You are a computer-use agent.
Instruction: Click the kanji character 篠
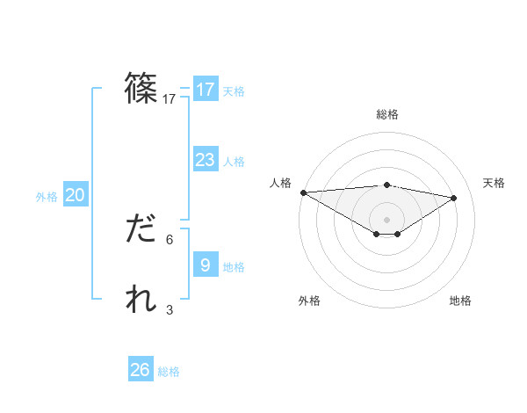[x=141, y=89]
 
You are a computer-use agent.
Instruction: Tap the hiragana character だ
[x=141, y=230]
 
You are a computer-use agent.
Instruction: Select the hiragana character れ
[x=141, y=300]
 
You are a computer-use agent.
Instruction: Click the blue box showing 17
[x=205, y=90]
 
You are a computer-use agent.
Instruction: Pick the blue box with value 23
[x=205, y=160]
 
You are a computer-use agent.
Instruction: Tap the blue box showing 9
[x=205, y=264]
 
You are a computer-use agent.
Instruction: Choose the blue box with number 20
[x=75, y=195]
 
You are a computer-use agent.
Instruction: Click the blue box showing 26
[x=140, y=370]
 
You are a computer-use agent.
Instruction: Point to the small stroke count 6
[x=170, y=239]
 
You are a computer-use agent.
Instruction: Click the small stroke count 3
[x=170, y=309]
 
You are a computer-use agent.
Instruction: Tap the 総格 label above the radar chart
[x=386, y=114]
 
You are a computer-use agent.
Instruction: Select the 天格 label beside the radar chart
[x=494, y=183]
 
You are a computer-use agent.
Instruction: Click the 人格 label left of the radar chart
[x=280, y=183]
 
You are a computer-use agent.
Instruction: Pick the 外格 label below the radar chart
[x=309, y=301]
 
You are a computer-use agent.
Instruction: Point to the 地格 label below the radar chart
[x=460, y=301]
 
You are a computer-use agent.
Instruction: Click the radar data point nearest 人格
[x=303, y=192]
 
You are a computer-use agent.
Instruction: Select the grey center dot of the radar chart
[x=386, y=219]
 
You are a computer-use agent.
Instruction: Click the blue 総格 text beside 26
[x=169, y=372]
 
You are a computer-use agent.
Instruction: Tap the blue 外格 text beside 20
[x=47, y=197]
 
